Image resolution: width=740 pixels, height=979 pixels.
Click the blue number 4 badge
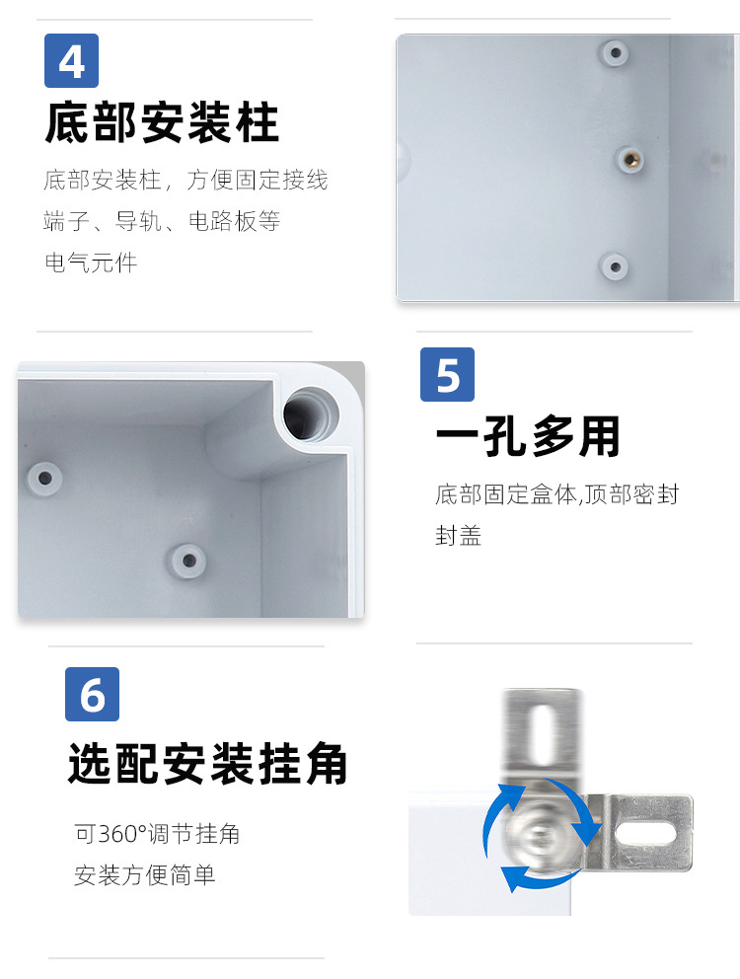pyautogui.click(x=71, y=61)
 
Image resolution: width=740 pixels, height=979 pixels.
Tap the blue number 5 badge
pyautogui.click(x=447, y=375)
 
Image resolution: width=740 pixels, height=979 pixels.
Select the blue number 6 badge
pyautogui.click(x=92, y=695)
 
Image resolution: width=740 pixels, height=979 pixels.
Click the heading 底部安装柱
pyautogui.click(x=162, y=124)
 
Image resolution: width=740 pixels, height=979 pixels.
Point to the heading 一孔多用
pyautogui.click(x=528, y=437)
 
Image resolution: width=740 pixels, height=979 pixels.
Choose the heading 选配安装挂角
pyautogui.click(x=208, y=764)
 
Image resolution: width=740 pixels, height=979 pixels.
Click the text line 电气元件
pyautogui.click(x=91, y=263)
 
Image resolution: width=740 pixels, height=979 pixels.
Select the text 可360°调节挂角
pyautogui.click(x=157, y=834)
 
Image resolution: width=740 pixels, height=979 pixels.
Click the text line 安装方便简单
pyautogui.click(x=144, y=875)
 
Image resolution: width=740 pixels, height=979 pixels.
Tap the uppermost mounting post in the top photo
pyautogui.click(x=616, y=51)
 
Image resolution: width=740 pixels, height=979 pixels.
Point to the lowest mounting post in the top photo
pyautogui.click(x=614, y=265)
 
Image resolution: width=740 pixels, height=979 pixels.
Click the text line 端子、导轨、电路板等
pyautogui.click(x=162, y=221)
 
